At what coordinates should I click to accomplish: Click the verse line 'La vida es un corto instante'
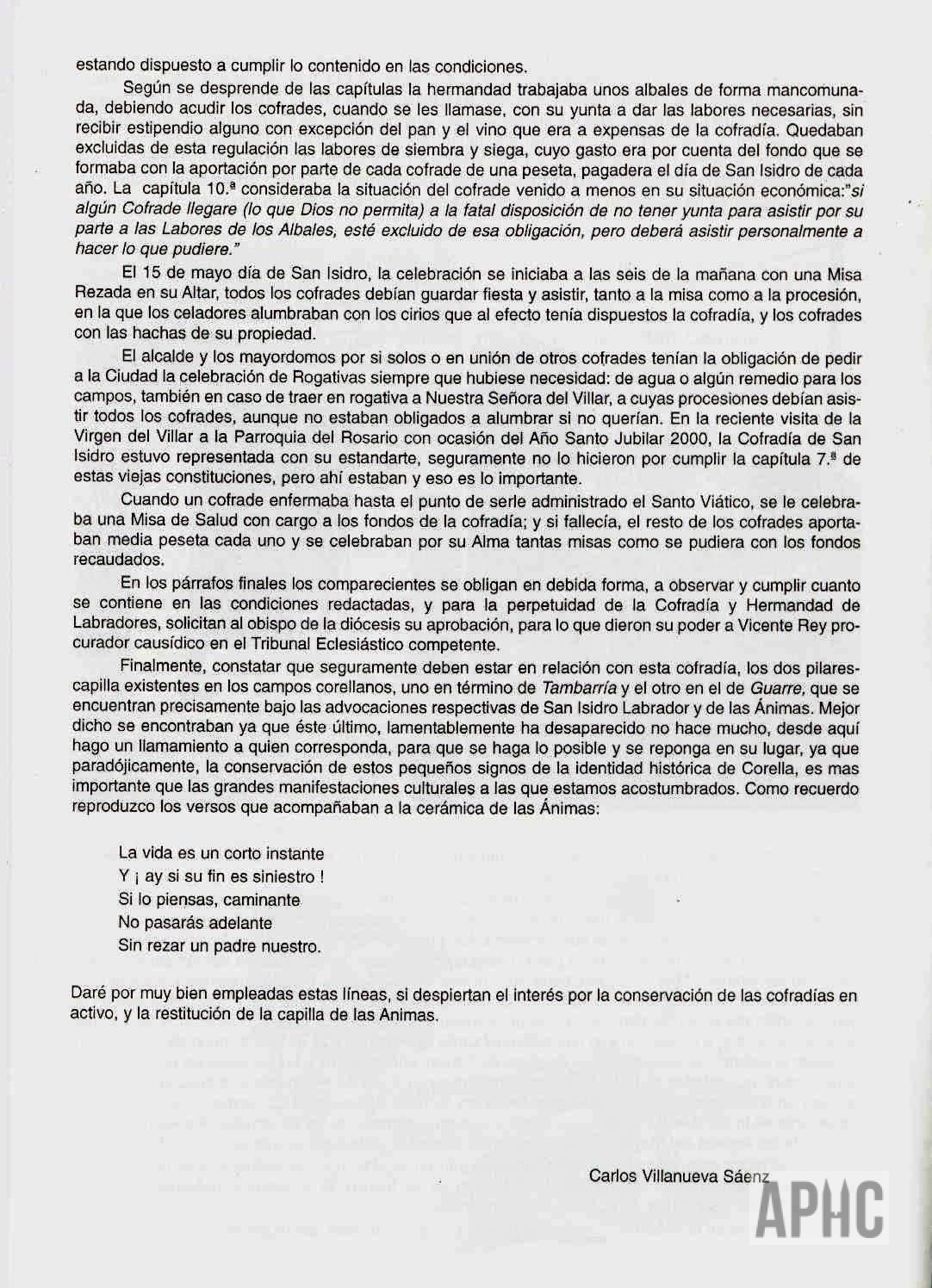(x=221, y=854)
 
